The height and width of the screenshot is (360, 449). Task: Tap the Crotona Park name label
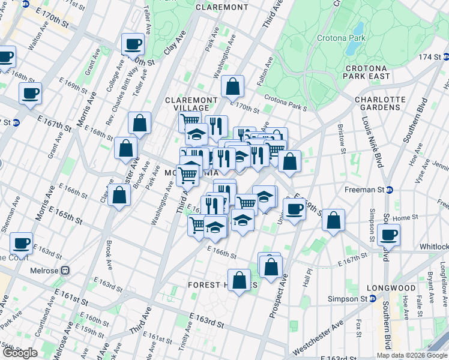click(340, 38)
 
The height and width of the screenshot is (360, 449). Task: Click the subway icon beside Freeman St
click(389, 190)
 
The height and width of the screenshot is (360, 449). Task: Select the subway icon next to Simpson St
click(373, 299)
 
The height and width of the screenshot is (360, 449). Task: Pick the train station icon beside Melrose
click(65, 271)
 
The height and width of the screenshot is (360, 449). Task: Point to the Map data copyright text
click(411, 355)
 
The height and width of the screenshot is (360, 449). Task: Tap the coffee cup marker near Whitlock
click(388, 235)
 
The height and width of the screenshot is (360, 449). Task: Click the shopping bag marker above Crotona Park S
click(232, 86)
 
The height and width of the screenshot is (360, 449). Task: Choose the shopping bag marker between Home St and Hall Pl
click(333, 221)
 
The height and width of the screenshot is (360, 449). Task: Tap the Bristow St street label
click(342, 137)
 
